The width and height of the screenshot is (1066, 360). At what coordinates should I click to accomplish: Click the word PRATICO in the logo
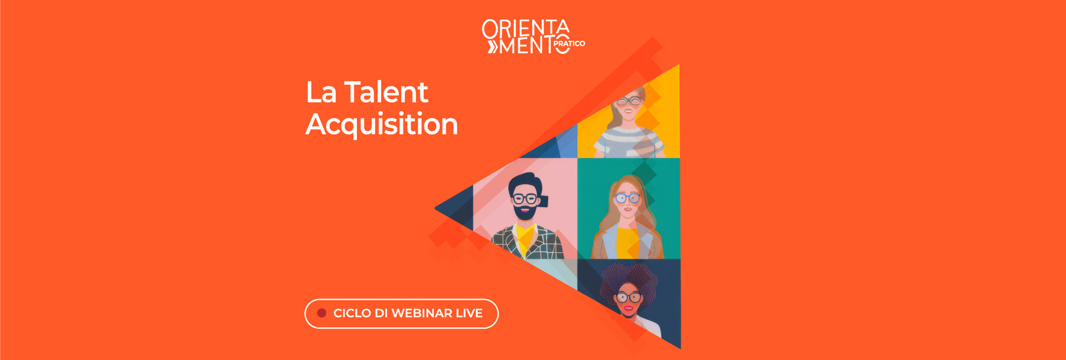[569, 44]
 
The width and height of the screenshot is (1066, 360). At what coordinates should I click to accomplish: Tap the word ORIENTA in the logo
[525, 28]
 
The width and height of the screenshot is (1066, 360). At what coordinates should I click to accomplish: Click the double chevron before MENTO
[492, 47]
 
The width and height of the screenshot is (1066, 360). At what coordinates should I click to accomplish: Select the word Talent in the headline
[386, 93]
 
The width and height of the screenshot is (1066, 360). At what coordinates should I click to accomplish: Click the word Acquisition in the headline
[381, 124]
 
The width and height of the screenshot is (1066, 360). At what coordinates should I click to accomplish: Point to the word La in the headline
[321, 93]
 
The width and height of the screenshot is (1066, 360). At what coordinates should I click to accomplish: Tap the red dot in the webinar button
[322, 313]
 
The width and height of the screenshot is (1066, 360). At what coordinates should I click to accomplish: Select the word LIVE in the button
[469, 313]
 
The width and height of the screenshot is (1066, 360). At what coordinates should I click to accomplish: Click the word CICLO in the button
[352, 313]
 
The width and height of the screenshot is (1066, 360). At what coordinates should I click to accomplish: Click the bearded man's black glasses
[525, 198]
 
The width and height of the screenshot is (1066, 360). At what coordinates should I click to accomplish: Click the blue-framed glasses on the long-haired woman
[627, 198]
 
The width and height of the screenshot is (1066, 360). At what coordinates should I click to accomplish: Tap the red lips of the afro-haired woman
[628, 308]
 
